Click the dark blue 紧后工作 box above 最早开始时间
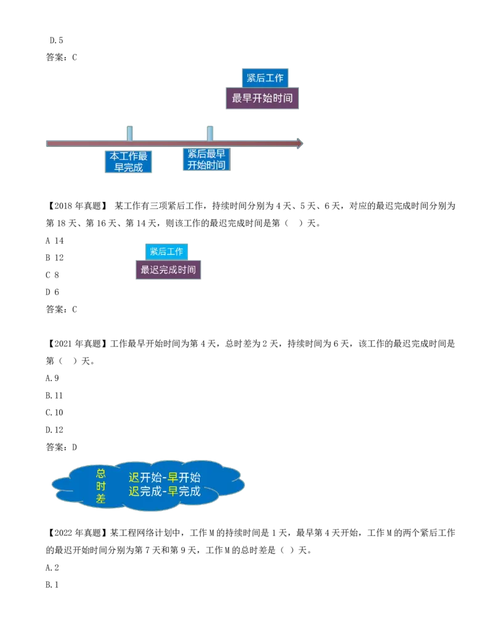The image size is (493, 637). (x=265, y=78)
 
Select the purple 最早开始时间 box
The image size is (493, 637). (x=263, y=98)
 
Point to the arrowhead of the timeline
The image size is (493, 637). (x=300, y=143)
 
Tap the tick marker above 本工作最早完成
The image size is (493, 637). (x=129, y=132)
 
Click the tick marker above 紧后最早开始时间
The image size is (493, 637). (x=210, y=132)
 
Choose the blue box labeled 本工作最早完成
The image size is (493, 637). (x=128, y=162)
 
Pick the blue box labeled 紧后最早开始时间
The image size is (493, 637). (x=206, y=159)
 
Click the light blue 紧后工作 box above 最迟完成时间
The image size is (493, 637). (x=166, y=251)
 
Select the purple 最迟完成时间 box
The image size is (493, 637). (x=168, y=270)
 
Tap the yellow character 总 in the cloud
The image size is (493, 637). (x=100, y=473)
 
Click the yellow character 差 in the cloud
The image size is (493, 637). (x=100, y=499)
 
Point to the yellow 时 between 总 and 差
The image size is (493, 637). (x=100, y=486)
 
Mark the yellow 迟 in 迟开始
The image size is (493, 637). (x=134, y=478)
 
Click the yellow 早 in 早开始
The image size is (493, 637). (x=173, y=478)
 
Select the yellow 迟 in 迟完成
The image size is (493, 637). (x=134, y=492)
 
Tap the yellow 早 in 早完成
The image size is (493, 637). (x=173, y=492)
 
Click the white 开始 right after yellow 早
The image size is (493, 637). (x=190, y=478)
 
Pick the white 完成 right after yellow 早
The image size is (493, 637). (x=190, y=492)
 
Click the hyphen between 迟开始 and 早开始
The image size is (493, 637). (x=165, y=478)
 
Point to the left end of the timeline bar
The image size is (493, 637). (x=47, y=143)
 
